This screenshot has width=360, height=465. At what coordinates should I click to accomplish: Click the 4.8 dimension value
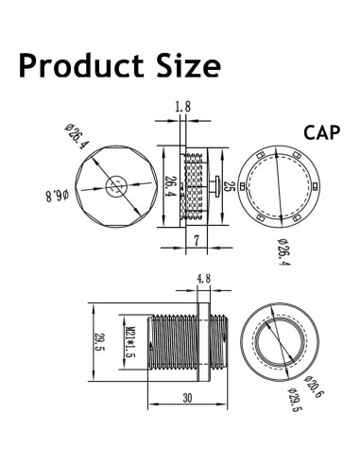pyautogui.click(x=202, y=279)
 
